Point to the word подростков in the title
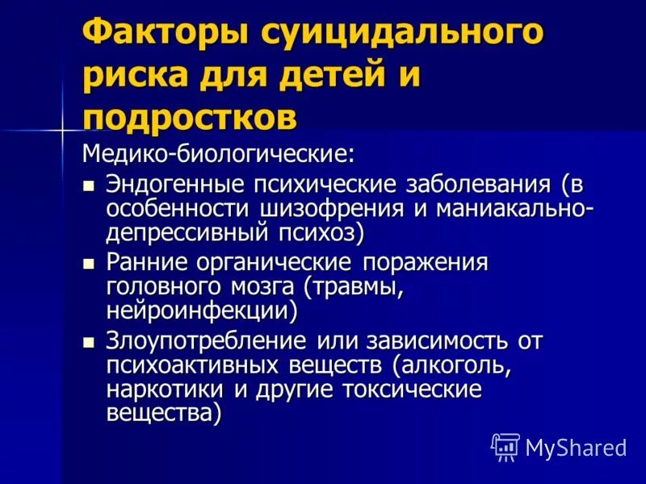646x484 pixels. click(191, 118)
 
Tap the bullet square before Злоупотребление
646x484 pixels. click(90, 342)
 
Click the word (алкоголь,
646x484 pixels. click(452, 365)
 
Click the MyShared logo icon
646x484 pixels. click(505, 446)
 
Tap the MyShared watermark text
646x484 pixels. click(576, 447)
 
